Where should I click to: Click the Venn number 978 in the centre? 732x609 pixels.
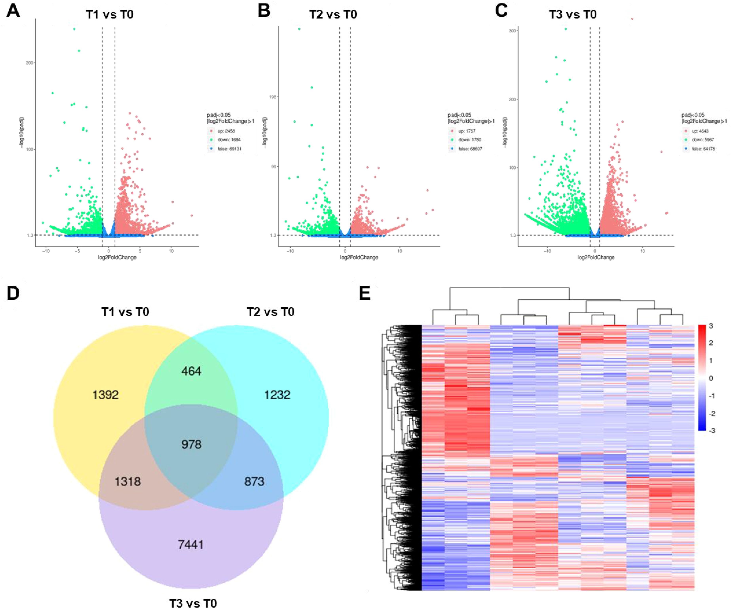(191, 444)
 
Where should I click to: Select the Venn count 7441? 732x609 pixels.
(191, 544)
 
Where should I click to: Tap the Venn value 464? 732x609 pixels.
(191, 371)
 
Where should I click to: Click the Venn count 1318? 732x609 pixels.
(128, 481)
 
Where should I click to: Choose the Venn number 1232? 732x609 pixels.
(277, 395)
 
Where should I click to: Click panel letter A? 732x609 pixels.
(13, 10)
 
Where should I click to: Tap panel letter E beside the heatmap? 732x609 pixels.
(365, 293)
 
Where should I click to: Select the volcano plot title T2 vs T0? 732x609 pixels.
(333, 15)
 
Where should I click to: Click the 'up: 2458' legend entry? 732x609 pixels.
(226, 131)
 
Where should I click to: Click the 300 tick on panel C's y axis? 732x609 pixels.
(512, 31)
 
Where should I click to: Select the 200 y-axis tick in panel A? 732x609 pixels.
(30, 63)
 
